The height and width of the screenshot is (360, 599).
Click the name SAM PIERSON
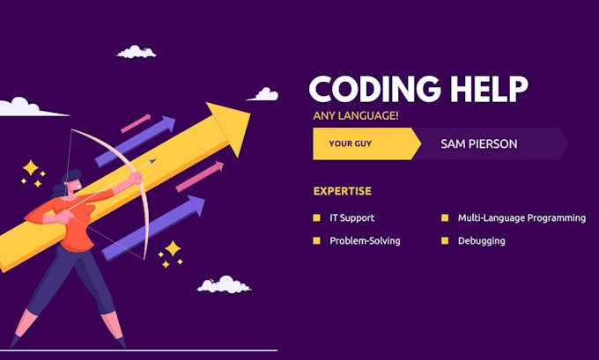click(x=479, y=143)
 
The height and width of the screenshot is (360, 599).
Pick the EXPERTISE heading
click(x=342, y=191)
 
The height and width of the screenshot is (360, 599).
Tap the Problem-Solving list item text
click(x=365, y=241)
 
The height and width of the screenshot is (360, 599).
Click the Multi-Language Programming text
click(x=521, y=217)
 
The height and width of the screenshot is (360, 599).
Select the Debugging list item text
click(x=481, y=241)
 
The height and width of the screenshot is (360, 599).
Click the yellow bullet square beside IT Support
click(x=317, y=217)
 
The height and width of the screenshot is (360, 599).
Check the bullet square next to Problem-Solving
click(x=317, y=241)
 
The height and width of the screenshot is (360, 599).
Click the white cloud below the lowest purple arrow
click(x=224, y=284)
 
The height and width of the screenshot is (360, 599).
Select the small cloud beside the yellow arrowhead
click(x=264, y=93)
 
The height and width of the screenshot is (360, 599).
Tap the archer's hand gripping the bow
click(x=137, y=179)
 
